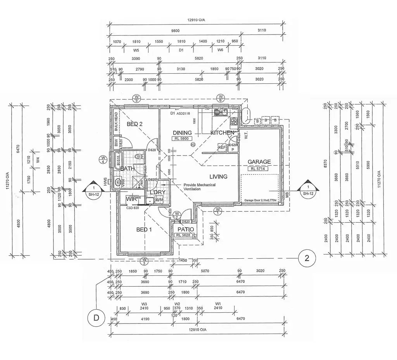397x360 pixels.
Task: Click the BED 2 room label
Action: tap(135, 124)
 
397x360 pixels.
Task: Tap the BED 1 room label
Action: tap(144, 230)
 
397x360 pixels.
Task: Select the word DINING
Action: tap(182, 133)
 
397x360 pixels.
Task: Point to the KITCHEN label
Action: tap(222, 133)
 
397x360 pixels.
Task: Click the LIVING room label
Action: tap(218, 177)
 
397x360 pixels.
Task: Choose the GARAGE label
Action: tap(259, 162)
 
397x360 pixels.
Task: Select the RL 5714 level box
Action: tap(259, 168)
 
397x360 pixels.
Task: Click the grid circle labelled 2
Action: tap(307, 258)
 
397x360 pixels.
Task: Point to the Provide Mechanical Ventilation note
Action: tap(200, 187)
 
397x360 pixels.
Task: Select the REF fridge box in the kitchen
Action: tap(222, 147)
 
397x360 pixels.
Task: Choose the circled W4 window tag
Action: tap(103, 160)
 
